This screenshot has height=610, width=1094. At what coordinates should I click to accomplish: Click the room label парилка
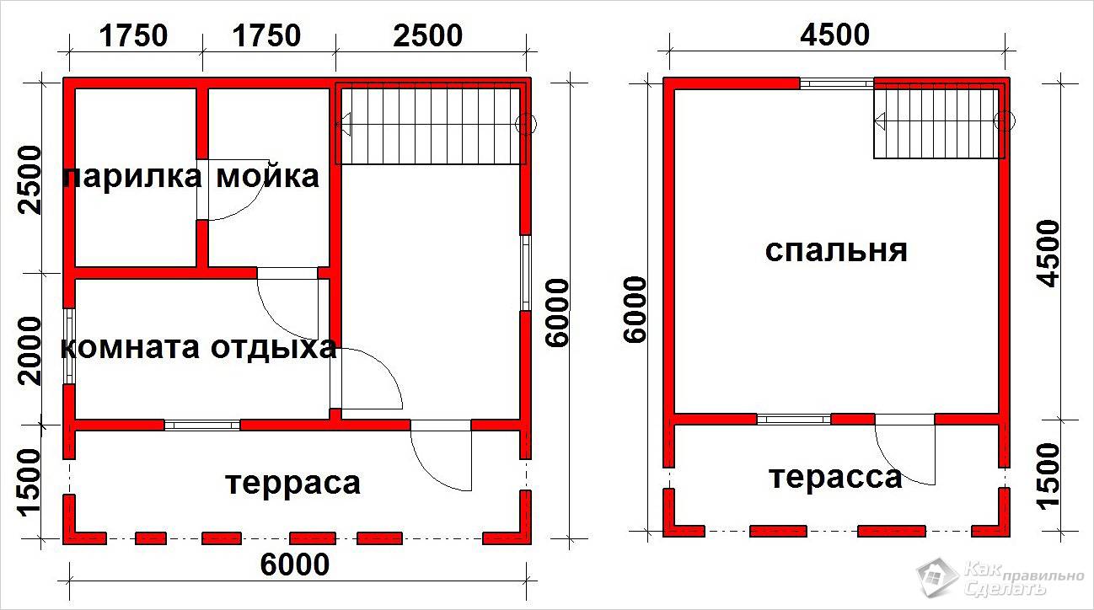click(x=132, y=177)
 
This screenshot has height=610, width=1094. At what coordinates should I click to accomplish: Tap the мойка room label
click(x=268, y=176)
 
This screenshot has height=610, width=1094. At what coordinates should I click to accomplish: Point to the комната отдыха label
click(x=199, y=348)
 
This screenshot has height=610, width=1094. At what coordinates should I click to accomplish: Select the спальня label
click(x=835, y=252)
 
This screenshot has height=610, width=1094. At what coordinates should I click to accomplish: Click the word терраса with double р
click(x=293, y=484)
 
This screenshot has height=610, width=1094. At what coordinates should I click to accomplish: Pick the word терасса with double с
click(x=835, y=478)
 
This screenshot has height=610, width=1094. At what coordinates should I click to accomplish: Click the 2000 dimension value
click(x=29, y=350)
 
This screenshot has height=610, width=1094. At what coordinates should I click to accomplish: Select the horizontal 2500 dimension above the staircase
click(x=428, y=35)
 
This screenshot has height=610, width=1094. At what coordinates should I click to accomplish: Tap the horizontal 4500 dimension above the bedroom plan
click(x=834, y=35)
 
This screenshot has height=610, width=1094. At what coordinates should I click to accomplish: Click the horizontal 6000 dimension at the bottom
click(x=294, y=565)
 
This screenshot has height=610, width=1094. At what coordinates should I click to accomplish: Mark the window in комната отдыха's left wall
click(x=69, y=346)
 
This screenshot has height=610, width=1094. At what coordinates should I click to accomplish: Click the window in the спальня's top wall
click(x=837, y=83)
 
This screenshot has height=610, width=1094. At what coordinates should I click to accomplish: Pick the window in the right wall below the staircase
click(x=526, y=273)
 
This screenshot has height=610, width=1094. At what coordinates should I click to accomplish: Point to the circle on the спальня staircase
click(x=1004, y=120)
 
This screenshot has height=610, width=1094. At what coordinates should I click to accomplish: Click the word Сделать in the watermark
click(x=1005, y=587)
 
